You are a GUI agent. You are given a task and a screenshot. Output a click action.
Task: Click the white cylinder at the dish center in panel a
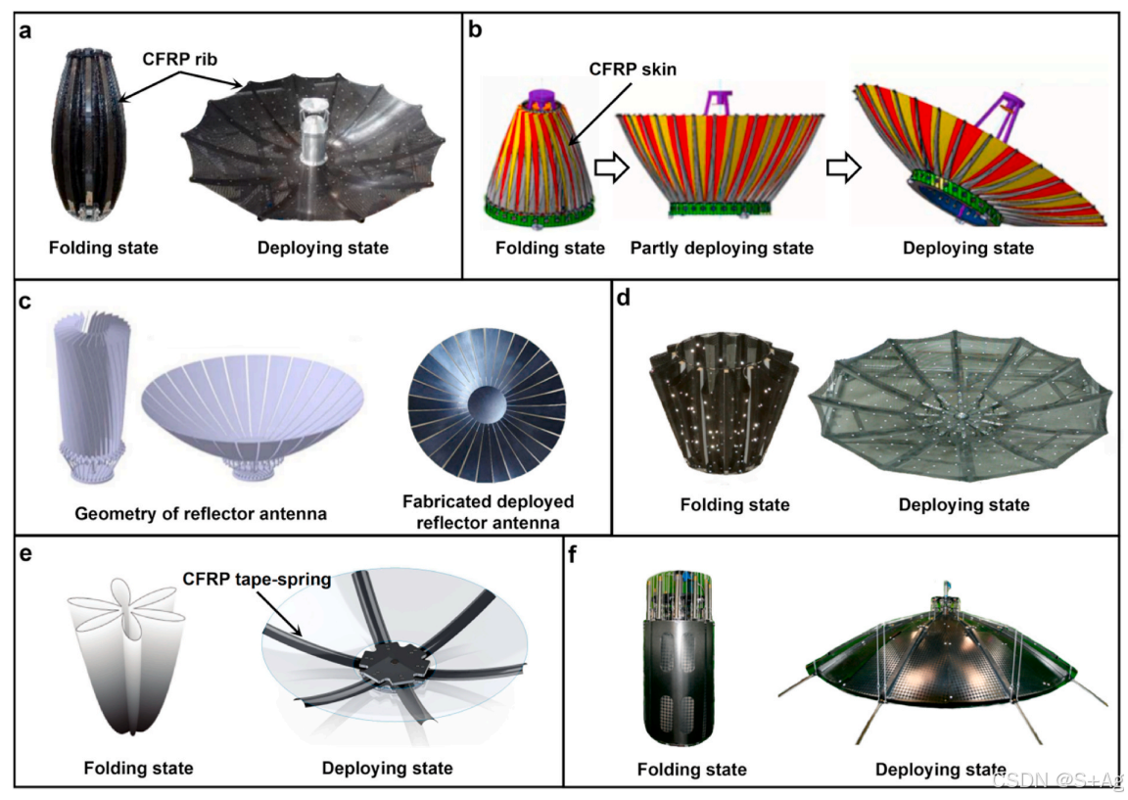click(318, 152)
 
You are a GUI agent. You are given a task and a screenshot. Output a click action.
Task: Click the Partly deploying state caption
click(722, 248)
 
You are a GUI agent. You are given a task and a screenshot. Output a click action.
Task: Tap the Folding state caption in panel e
click(138, 768)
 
